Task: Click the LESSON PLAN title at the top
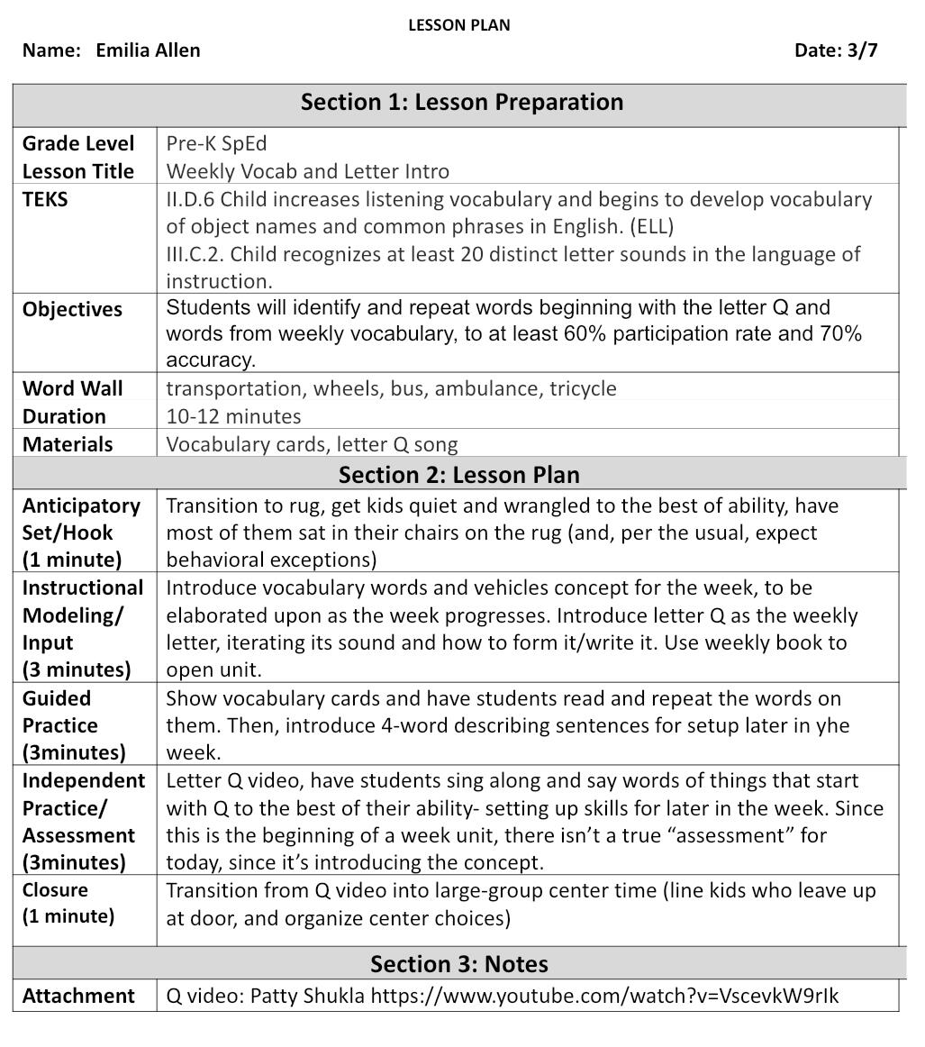click(x=459, y=25)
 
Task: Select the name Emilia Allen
click(x=148, y=50)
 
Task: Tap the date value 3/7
click(x=862, y=50)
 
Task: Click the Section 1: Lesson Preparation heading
click(x=461, y=102)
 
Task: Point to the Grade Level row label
click(x=78, y=143)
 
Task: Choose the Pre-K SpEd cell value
click(x=217, y=143)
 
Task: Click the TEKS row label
click(x=45, y=199)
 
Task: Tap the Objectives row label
click(x=72, y=309)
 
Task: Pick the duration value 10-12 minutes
click(x=233, y=416)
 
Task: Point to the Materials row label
click(x=68, y=444)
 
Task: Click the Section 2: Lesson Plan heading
click(x=459, y=474)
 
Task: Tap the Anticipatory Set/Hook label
click(x=81, y=518)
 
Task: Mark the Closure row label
click(x=56, y=890)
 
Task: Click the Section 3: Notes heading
click(x=459, y=964)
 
